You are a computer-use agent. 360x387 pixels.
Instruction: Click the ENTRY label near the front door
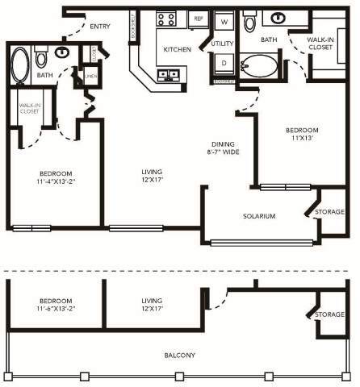coord(100,26)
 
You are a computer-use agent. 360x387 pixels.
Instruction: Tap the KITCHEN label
coord(176,49)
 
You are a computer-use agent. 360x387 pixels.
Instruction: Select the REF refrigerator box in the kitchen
coord(199,19)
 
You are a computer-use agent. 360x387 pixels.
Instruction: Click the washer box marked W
coord(224,22)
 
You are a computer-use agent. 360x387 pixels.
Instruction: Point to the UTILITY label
coord(223,43)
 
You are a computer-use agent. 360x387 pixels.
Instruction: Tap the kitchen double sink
coord(170,76)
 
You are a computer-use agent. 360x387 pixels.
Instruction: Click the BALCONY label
coord(179,355)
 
